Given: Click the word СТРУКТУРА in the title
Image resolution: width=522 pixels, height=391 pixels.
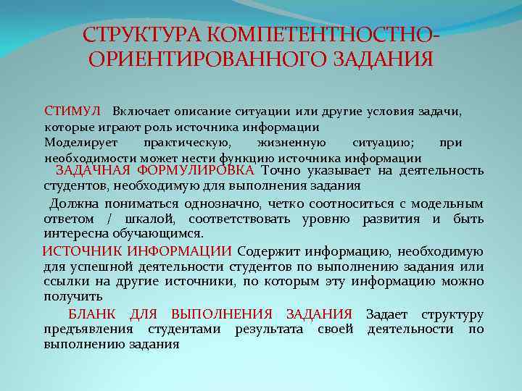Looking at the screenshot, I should pyautogui.click(x=142, y=35).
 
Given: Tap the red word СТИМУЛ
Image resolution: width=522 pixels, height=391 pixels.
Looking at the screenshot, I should pyautogui.click(x=72, y=112).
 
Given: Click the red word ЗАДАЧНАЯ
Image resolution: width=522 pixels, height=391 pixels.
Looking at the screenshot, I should pyautogui.click(x=93, y=171).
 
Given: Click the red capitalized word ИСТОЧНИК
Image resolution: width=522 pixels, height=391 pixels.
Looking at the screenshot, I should pyautogui.click(x=82, y=251).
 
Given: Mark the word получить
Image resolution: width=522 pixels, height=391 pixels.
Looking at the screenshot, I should pyautogui.click(x=73, y=297).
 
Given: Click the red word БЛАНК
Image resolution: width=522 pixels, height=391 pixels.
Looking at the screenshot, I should pyautogui.click(x=92, y=314).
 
